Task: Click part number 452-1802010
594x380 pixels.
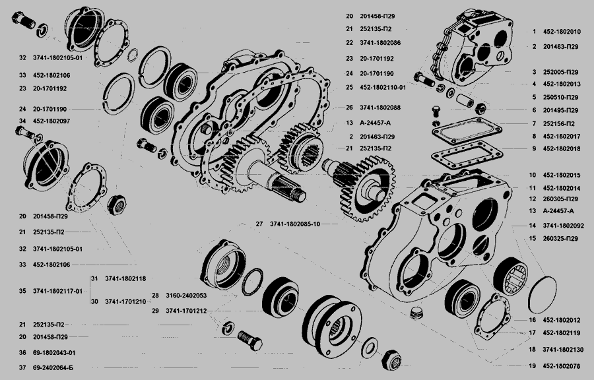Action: [x=562, y=32]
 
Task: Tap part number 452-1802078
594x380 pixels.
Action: [x=562, y=366]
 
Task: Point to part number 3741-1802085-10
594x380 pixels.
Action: [x=295, y=224]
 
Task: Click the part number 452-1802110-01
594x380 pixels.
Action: [x=383, y=88]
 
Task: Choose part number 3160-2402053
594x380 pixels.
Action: [x=186, y=295]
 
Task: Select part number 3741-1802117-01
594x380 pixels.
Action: [x=57, y=291]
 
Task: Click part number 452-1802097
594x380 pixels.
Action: [x=51, y=121]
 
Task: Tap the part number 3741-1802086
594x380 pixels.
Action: [x=380, y=43]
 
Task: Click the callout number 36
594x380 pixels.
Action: [x=22, y=353]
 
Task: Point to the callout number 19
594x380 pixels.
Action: [x=532, y=366]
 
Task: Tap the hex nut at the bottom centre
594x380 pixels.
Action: [x=391, y=360]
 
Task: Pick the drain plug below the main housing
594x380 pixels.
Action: [x=416, y=313]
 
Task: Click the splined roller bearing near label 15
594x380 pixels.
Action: [x=510, y=276]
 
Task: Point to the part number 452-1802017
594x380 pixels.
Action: [x=562, y=137]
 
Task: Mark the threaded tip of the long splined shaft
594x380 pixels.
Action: [x=301, y=196]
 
